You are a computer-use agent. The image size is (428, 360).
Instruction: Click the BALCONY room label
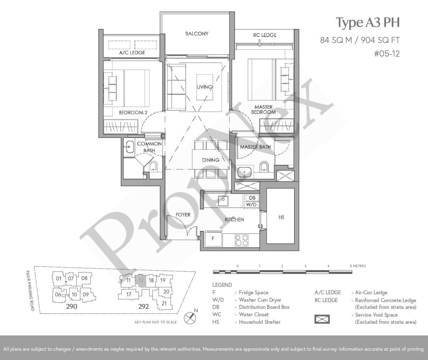tap(197, 33)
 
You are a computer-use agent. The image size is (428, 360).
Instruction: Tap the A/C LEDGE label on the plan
tap(132, 53)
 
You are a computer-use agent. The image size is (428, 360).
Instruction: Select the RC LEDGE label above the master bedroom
tap(265, 35)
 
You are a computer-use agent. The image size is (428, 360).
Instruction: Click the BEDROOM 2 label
tap(133, 112)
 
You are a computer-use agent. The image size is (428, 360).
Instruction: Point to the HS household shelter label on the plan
tap(281, 217)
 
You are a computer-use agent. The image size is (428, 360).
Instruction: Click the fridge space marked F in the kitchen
tap(213, 238)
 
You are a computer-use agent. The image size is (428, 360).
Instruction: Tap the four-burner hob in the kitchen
tap(242, 240)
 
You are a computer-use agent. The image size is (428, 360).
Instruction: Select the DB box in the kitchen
tap(252, 198)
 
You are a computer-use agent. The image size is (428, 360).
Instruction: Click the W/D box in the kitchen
tap(251, 204)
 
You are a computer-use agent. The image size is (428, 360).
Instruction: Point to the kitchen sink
tap(223, 201)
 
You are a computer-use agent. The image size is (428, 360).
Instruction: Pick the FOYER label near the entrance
tap(183, 215)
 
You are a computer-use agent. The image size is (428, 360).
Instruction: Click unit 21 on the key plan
tap(164, 303)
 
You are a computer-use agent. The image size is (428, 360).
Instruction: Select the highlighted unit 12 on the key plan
tap(141, 280)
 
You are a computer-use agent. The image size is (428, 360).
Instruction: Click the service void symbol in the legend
tap(322, 319)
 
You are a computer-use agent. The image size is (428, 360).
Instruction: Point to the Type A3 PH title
tap(368, 22)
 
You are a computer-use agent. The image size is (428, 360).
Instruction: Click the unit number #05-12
tap(387, 54)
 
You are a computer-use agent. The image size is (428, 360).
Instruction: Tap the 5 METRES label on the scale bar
tap(358, 266)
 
